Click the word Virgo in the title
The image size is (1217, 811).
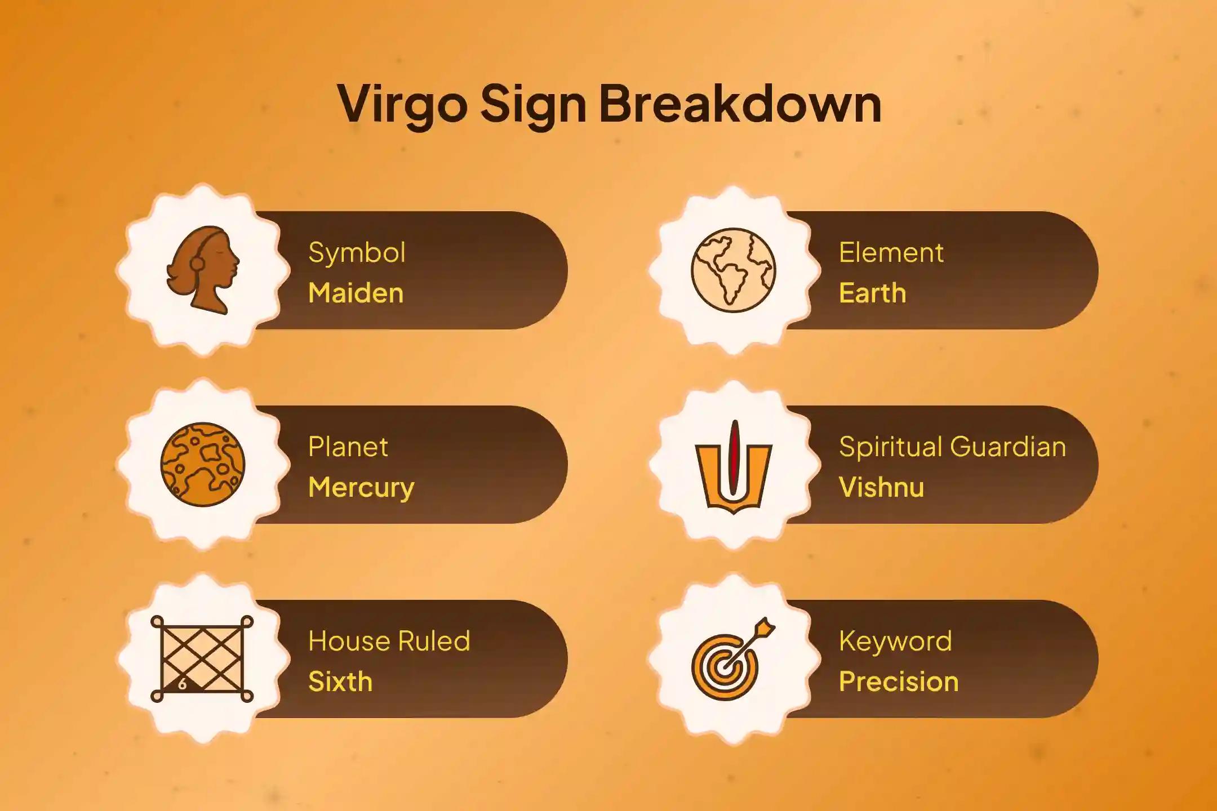click(402, 104)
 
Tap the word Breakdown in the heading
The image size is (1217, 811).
click(740, 104)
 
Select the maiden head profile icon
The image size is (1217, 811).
click(203, 270)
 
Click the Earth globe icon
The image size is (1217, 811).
click(733, 270)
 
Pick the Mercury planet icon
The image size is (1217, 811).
click(203, 465)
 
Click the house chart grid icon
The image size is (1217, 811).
click(202, 659)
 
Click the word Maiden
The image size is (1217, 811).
click(356, 293)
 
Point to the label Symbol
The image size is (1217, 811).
click(357, 253)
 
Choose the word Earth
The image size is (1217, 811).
click(872, 293)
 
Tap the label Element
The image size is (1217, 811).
click(891, 253)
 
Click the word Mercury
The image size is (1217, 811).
click(361, 488)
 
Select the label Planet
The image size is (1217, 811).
click(348, 447)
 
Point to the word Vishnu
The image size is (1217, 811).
click(881, 488)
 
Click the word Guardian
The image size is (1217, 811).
click(1008, 447)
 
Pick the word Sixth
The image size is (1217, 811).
click(340, 682)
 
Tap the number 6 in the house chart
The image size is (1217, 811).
click(182, 685)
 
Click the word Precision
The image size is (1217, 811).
click(899, 682)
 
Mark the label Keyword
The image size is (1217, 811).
click(895, 641)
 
